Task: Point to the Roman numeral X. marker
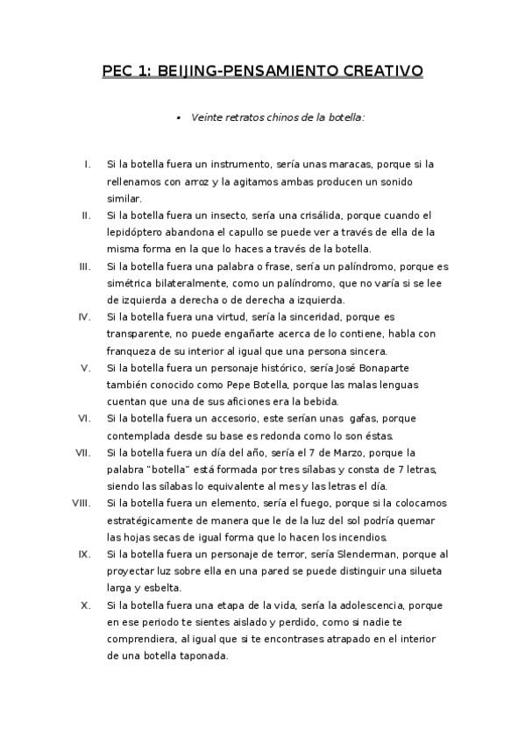(x=85, y=605)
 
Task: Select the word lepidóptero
(x=138, y=232)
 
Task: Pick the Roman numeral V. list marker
(x=86, y=367)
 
